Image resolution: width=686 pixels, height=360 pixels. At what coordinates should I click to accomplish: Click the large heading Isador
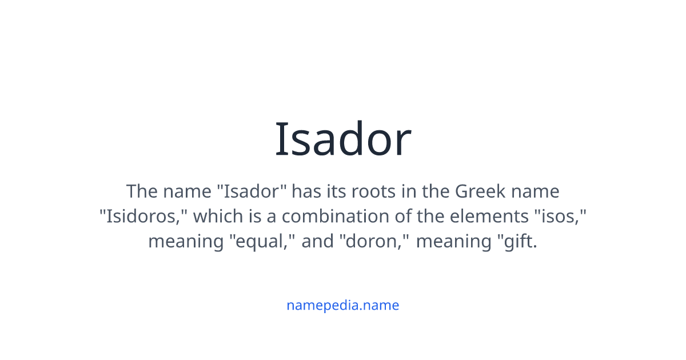(x=343, y=139)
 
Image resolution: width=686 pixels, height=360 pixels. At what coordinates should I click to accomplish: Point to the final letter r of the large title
(x=404, y=144)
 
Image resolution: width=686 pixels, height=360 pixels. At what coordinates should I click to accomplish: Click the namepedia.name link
(x=343, y=305)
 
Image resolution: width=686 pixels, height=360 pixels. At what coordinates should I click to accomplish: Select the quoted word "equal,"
(x=261, y=241)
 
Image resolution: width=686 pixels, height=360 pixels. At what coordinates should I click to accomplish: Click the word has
(x=308, y=191)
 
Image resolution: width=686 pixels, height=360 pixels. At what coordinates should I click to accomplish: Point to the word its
(x=337, y=191)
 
